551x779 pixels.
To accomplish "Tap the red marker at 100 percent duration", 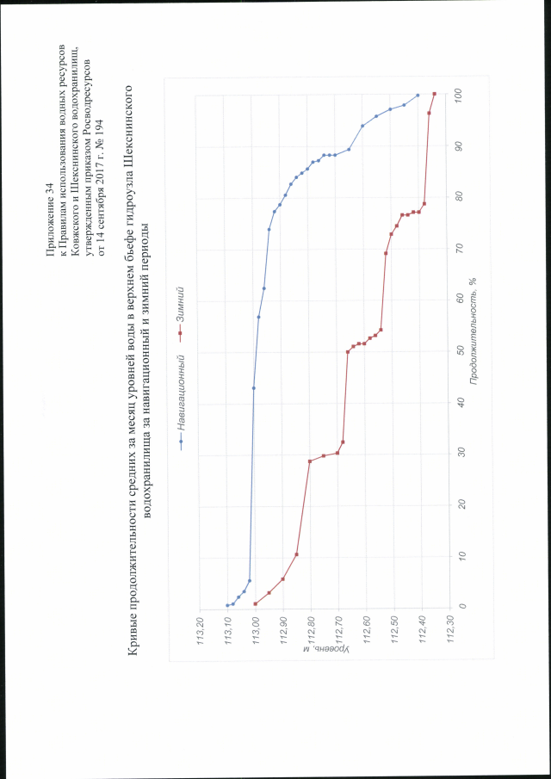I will coord(435,94).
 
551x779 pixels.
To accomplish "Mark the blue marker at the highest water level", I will coord(227,605).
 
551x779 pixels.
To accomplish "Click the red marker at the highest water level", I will coord(256,604).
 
